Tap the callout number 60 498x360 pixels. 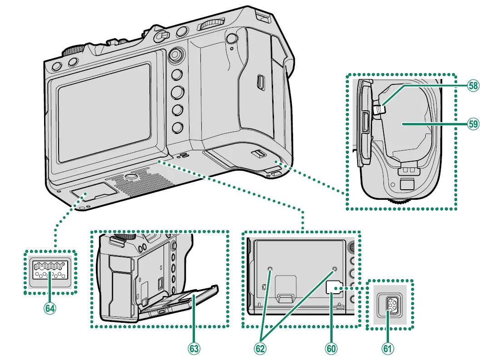tap(331, 348)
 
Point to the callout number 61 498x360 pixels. tap(387, 348)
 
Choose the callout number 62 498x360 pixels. tap(260, 348)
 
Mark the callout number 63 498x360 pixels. tap(194, 348)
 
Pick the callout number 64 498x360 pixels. tap(50, 308)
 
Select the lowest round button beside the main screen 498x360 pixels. tap(177, 128)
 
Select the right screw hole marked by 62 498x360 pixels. tap(335, 269)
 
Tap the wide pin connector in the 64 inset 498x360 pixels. tap(50, 271)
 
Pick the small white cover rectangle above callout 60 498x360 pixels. tap(334, 287)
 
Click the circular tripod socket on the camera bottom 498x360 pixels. tap(131, 176)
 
